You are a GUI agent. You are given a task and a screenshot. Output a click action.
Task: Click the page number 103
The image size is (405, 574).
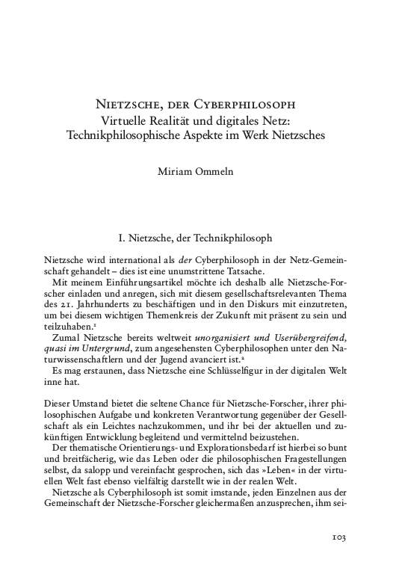click(x=338, y=537)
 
